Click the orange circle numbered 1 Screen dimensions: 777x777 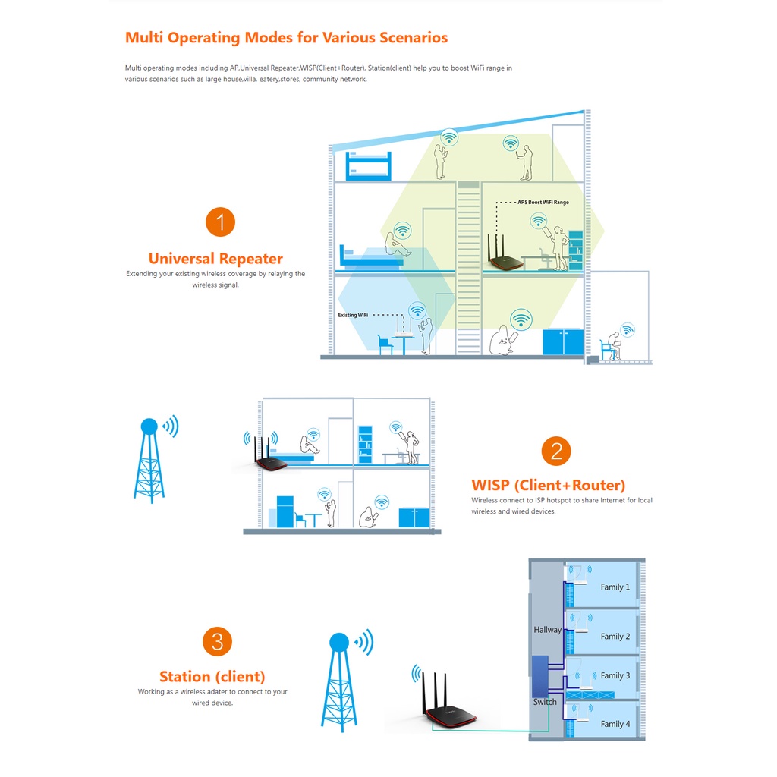pyautogui.click(x=220, y=222)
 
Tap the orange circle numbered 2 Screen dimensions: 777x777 pyautogui.click(x=556, y=451)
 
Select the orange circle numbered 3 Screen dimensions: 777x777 pyautogui.click(x=217, y=642)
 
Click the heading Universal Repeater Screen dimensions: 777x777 pyautogui.click(x=215, y=258)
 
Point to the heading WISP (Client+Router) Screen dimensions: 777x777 pyautogui.click(x=548, y=485)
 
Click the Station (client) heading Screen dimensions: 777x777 pyautogui.click(x=212, y=676)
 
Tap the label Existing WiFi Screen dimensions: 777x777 pyautogui.click(x=353, y=315)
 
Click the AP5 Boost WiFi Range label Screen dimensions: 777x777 pyautogui.click(x=543, y=202)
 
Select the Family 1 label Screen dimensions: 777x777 pyautogui.click(x=615, y=587)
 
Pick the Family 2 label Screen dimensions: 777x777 pyautogui.click(x=615, y=637)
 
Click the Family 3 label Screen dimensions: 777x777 pyautogui.click(x=615, y=675)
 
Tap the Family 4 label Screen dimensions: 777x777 pyautogui.click(x=615, y=724)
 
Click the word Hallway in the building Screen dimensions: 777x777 pyautogui.click(x=548, y=630)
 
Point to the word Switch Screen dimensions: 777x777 pyautogui.click(x=545, y=702)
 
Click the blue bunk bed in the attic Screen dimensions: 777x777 pyautogui.click(x=368, y=165)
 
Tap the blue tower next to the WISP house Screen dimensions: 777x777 pyautogui.click(x=149, y=461)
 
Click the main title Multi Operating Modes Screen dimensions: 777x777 pyautogui.click(x=286, y=38)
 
